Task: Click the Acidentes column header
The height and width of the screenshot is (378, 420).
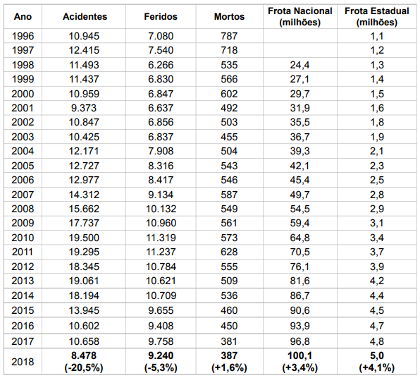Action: pyautogui.click(x=85, y=17)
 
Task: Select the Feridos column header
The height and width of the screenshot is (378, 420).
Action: pyautogui.click(x=161, y=17)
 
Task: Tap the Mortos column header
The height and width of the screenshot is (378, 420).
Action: pyautogui.click(x=229, y=17)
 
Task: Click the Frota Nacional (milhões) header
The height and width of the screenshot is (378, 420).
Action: pyautogui.click(x=300, y=17)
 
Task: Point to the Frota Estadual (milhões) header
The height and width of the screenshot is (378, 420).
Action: pyautogui.click(x=377, y=17)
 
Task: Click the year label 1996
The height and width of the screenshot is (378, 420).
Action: pyautogui.click(x=23, y=36)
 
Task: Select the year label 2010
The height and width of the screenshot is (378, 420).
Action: pyautogui.click(x=23, y=238)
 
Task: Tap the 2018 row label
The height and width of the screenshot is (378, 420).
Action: pyautogui.click(x=23, y=362)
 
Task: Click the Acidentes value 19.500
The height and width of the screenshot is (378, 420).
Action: pyautogui.click(x=84, y=238)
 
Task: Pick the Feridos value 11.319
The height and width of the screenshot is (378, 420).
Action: pyautogui.click(x=161, y=238)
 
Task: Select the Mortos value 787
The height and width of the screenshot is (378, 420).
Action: pyautogui.click(x=229, y=36)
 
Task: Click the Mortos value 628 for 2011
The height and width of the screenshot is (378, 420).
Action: pyautogui.click(x=229, y=252)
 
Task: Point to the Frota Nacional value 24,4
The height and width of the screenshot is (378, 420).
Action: pyautogui.click(x=299, y=65)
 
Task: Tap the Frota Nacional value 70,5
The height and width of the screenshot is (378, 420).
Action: pyautogui.click(x=299, y=252)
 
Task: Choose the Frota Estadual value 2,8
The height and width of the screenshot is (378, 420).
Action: pyautogui.click(x=377, y=195)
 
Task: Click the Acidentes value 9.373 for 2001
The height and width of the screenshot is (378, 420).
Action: pyautogui.click(x=84, y=108)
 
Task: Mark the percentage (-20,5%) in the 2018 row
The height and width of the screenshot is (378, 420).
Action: pyautogui.click(x=84, y=367)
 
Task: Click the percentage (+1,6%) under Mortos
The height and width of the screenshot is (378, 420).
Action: pyautogui.click(x=229, y=367)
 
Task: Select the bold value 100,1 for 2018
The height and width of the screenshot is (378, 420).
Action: pyautogui.click(x=299, y=355)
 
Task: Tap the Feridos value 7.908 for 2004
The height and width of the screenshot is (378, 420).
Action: pyautogui.click(x=161, y=151)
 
